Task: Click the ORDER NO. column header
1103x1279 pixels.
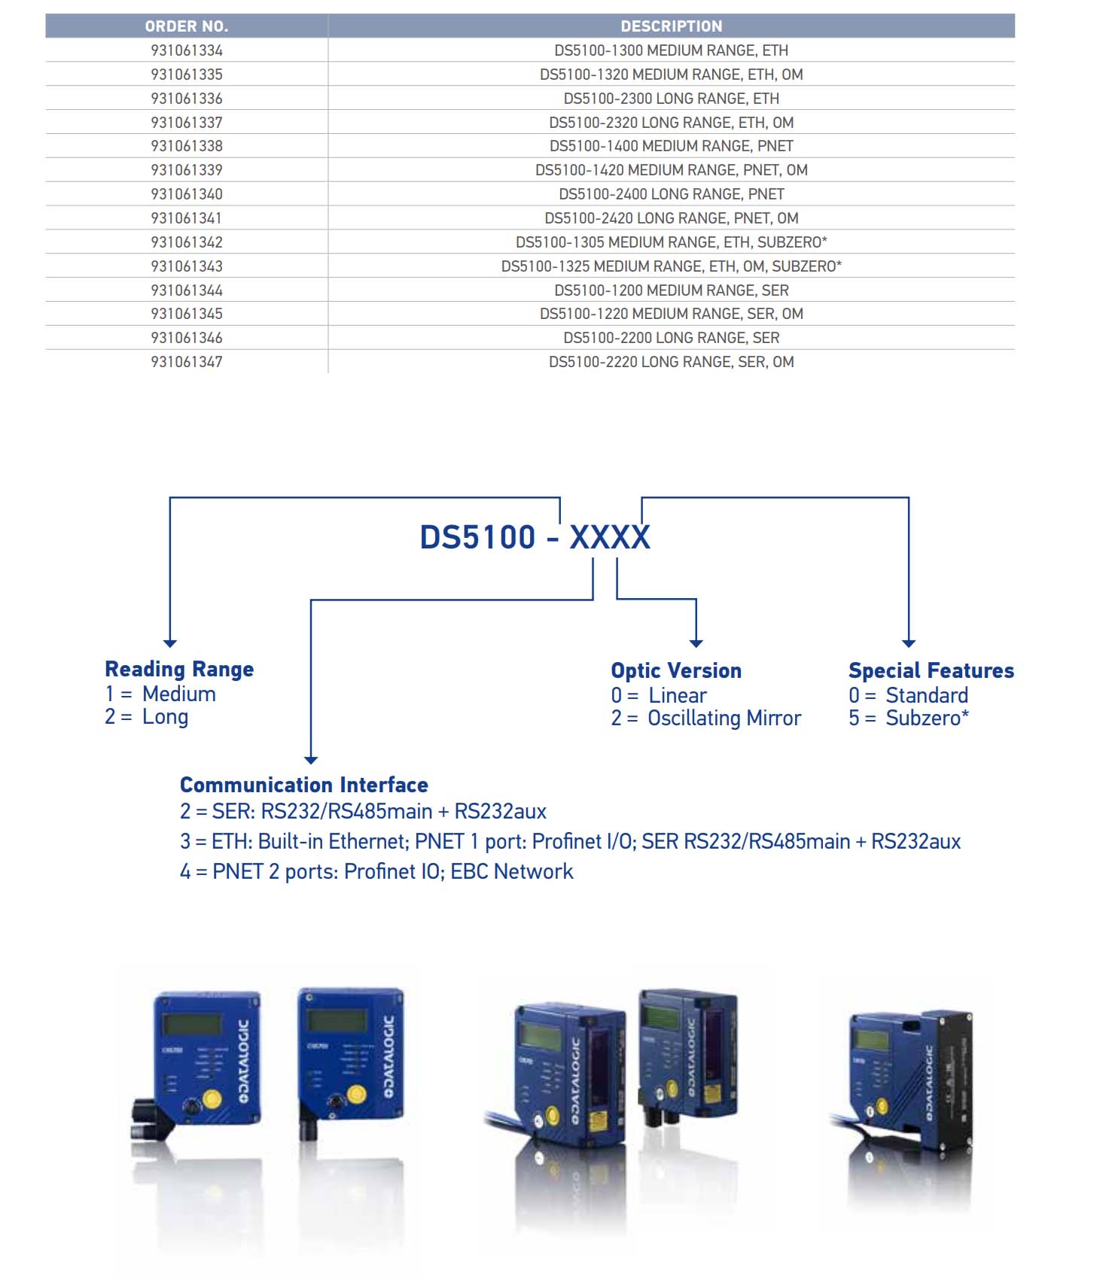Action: click(x=186, y=26)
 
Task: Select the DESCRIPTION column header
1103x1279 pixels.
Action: click(x=671, y=26)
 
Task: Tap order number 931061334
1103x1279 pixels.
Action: click(x=187, y=50)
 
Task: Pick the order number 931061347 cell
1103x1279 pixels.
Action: click(x=187, y=362)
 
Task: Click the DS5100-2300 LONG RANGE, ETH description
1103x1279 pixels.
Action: click(x=671, y=99)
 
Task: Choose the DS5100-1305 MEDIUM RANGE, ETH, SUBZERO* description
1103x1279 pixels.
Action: click(x=671, y=242)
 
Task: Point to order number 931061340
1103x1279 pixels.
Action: click(x=187, y=194)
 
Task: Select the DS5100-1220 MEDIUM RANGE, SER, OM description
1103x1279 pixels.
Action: click(x=671, y=314)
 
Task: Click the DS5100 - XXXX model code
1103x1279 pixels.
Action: click(x=535, y=537)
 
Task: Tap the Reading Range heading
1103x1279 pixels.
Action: click(x=179, y=669)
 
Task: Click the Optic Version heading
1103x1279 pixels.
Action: click(x=676, y=670)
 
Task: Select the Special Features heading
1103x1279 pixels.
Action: click(x=931, y=670)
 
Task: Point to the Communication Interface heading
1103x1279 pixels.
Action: click(x=303, y=785)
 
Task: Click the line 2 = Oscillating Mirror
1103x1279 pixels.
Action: click(x=705, y=718)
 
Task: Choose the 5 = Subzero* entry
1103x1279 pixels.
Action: click(x=908, y=718)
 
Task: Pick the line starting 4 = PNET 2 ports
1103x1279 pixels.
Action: click(x=376, y=871)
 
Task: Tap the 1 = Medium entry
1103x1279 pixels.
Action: click(x=160, y=694)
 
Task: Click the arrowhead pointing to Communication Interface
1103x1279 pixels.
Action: click(x=311, y=760)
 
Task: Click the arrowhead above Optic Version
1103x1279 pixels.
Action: click(x=696, y=643)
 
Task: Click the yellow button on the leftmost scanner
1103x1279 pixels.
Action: click(x=212, y=1099)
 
